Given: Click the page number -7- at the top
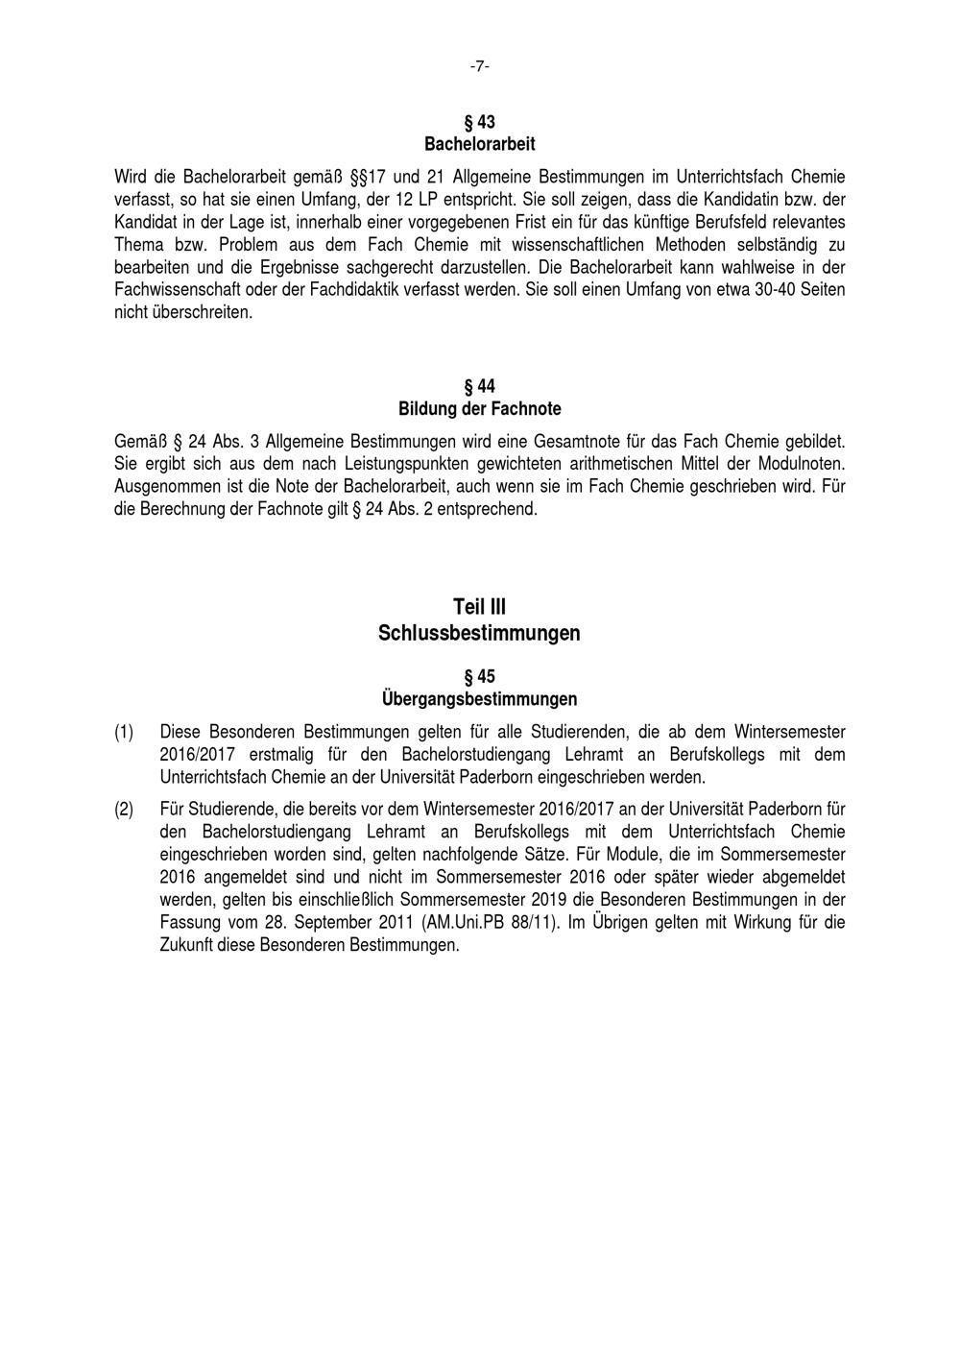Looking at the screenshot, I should coord(480,66).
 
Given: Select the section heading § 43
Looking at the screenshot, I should coord(480,122).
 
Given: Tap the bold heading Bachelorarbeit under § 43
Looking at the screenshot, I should coord(480,144).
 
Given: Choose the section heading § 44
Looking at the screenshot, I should coord(480,387).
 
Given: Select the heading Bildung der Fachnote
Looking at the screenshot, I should coord(480,409).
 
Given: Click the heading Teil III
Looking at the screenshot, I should coord(480,607).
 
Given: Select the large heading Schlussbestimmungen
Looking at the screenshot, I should coord(480,634).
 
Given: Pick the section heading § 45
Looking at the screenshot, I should coord(480,677).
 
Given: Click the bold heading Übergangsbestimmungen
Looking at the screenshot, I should coord(480,699).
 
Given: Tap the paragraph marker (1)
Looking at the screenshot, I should coord(124,732).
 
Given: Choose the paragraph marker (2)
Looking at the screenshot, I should coord(124,810).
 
